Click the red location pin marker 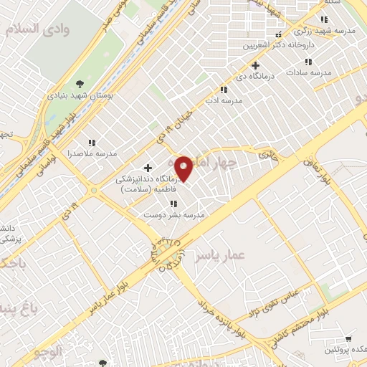click(184, 168)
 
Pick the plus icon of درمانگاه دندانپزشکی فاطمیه click(148, 168)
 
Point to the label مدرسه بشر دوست click(174, 214)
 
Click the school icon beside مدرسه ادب click(224, 90)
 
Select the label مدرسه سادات click(309, 72)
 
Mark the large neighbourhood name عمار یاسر click(220, 255)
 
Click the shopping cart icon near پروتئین click(349, 338)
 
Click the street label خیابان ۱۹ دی click(177, 118)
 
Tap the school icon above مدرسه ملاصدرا click(91, 143)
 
